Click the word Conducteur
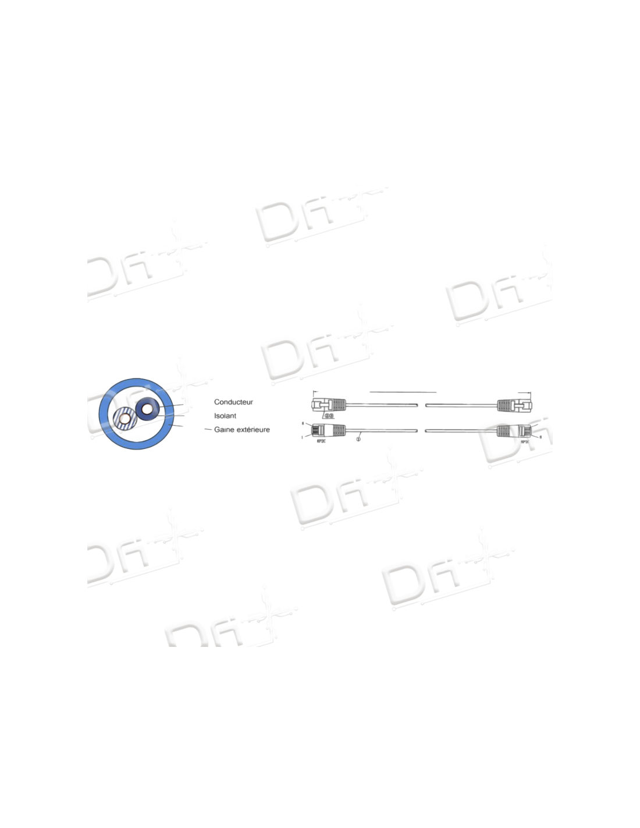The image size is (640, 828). coord(233,402)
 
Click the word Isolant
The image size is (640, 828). coord(225,416)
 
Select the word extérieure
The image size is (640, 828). coord(253,430)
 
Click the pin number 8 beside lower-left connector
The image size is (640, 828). coord(303,423)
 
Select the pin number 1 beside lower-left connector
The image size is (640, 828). coord(303,435)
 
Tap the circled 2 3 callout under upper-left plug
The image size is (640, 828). coord(329,416)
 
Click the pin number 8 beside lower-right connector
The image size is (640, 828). coord(541,437)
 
